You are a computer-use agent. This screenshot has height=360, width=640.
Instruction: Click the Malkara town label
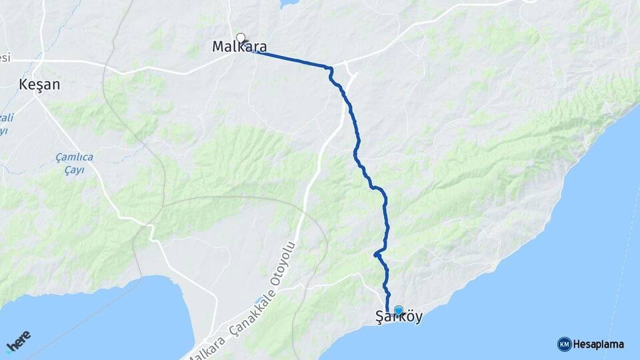pos(239,47)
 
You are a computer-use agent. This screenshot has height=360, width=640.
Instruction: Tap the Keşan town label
pos(39,85)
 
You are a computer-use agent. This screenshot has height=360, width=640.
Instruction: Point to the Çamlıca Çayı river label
pos(75,164)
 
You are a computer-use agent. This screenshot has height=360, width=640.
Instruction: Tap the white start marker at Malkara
pos(241,37)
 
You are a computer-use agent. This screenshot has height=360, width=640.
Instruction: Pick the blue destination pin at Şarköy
pos(399,310)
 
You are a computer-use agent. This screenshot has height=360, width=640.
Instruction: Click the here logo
pos(19,342)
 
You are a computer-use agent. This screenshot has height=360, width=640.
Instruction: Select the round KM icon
pos(564,344)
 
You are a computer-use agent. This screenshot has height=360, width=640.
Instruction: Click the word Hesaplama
pos(599,345)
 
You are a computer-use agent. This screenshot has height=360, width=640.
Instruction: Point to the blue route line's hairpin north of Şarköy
pos(377,253)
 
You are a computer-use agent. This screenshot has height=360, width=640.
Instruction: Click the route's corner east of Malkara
pos(329,67)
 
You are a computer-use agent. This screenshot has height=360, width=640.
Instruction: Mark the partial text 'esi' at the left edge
pos(5,58)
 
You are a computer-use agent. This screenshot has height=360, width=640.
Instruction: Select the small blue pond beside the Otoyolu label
pos(259,301)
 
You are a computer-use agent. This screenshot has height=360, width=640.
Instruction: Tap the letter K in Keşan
pos(24,85)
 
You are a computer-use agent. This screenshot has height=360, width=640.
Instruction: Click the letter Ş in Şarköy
pos(381,318)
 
